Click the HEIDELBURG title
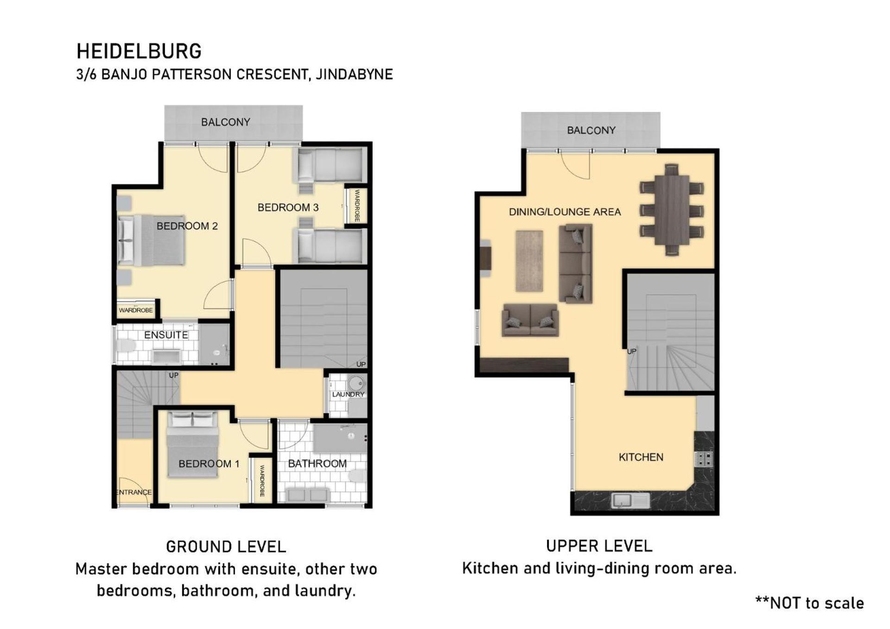(x=139, y=51)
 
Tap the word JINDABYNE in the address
(x=354, y=74)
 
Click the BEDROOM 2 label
(x=187, y=226)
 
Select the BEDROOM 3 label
(x=288, y=208)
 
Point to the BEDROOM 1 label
(x=209, y=464)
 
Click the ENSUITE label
(x=166, y=335)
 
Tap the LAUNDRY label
(x=348, y=394)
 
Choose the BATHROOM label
(x=317, y=464)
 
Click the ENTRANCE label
(x=133, y=492)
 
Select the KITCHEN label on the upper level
(x=641, y=457)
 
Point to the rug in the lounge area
(x=529, y=261)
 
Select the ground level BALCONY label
(x=225, y=122)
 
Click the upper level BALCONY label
(x=591, y=131)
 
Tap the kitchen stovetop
(x=704, y=459)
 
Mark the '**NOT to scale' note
(x=810, y=603)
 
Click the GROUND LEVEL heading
(x=226, y=547)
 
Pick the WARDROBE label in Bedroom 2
(x=136, y=310)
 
